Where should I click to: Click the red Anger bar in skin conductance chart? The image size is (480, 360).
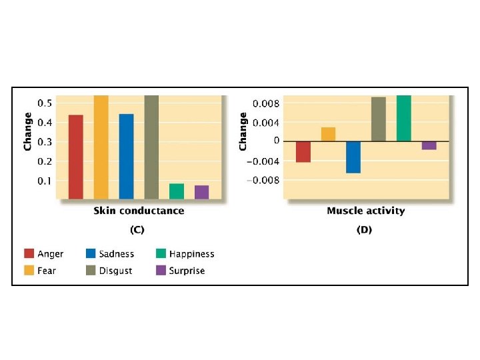tap(76, 157)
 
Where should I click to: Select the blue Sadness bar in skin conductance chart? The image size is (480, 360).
tap(126, 157)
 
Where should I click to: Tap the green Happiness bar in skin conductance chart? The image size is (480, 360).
tap(177, 191)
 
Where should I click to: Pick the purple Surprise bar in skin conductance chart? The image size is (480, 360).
tap(201, 192)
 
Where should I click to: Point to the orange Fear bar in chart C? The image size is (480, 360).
tap(101, 147)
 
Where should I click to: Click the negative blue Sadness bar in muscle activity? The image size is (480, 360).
tap(353, 157)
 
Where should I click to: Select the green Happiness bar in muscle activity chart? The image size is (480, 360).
tap(403, 119)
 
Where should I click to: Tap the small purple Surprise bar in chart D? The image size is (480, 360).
tap(429, 145)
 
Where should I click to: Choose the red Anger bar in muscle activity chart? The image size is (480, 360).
tap(303, 151)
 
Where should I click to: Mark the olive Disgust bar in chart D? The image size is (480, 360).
tap(379, 119)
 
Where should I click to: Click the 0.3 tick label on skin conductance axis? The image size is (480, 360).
tap(44, 142)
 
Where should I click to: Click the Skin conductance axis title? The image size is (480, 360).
tap(139, 211)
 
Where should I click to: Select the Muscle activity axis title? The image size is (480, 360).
tap(365, 211)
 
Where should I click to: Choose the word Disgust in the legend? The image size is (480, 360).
tap(116, 271)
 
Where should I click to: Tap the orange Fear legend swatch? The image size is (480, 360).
tap(29, 271)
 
